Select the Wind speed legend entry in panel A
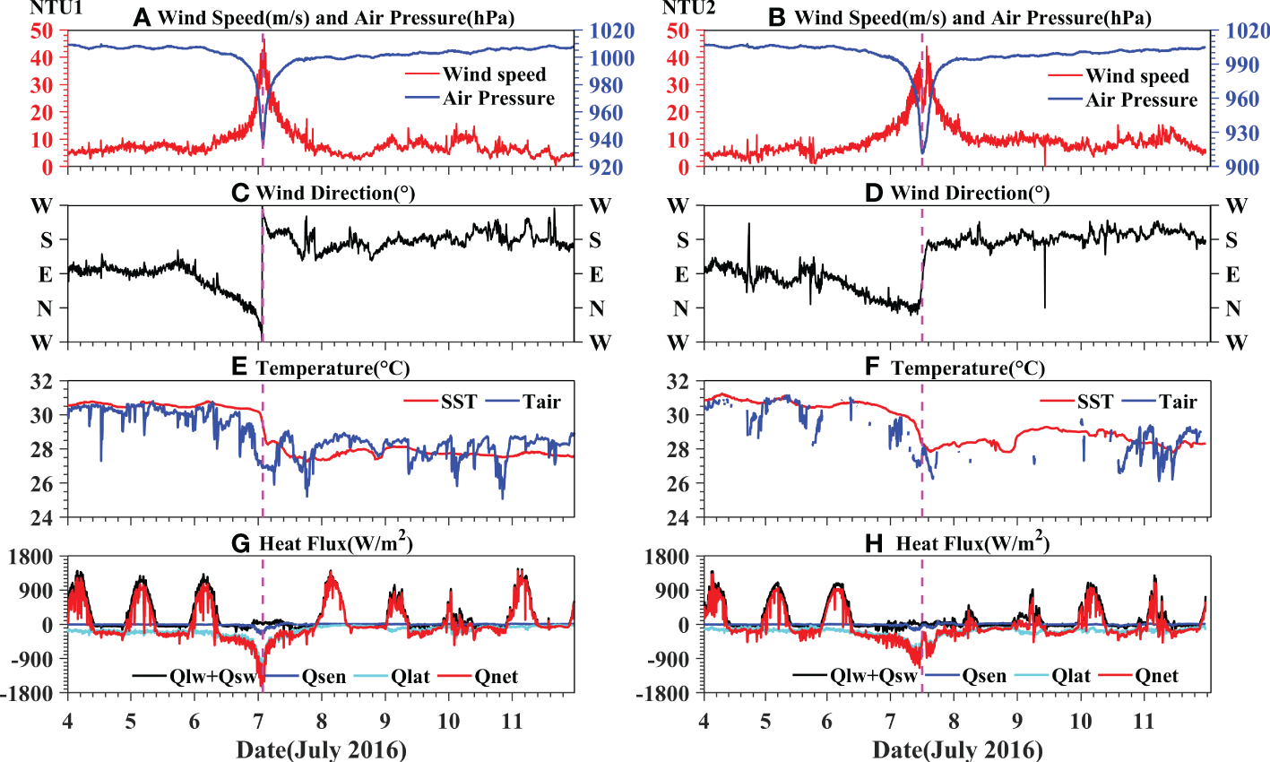click(494, 74)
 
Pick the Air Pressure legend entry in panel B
click(1141, 100)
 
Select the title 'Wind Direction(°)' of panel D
click(969, 193)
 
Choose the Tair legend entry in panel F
click(1177, 402)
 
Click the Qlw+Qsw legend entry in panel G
click(205, 677)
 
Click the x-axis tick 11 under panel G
click(512, 722)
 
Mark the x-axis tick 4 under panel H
click(704, 722)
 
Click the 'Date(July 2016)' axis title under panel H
click(957, 749)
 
